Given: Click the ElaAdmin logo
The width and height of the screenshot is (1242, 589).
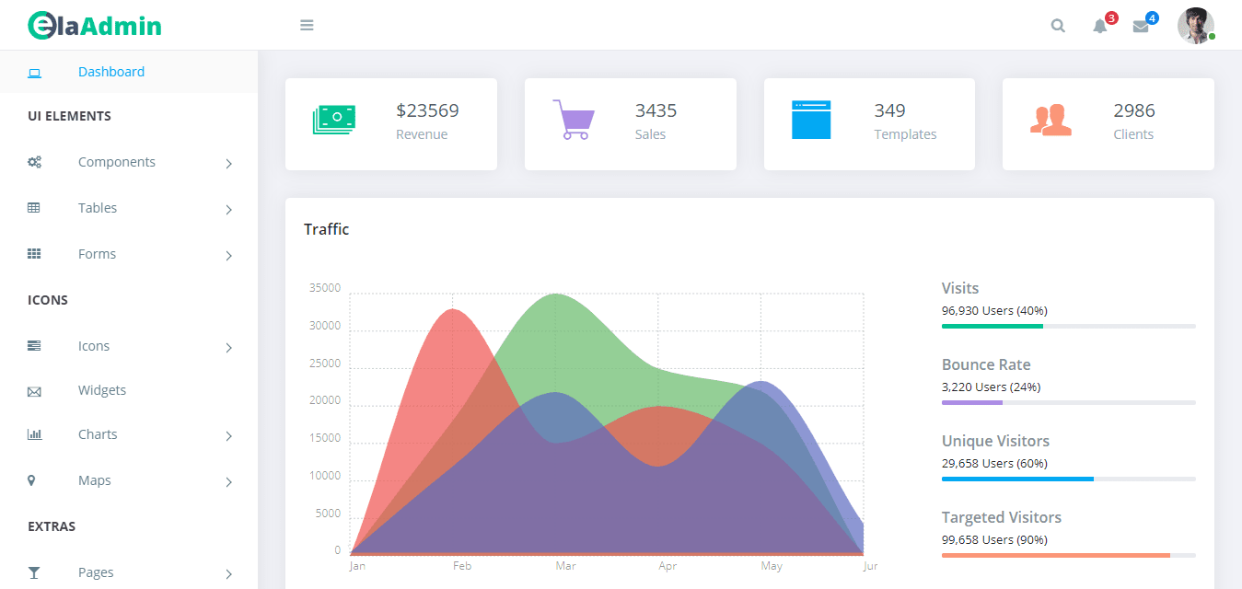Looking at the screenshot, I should click(x=94, y=26).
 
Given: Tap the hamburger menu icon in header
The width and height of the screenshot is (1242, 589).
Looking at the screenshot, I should click(x=307, y=25).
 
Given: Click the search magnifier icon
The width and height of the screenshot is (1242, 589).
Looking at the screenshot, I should click(x=1058, y=26).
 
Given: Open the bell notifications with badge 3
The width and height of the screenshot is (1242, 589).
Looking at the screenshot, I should click(x=1100, y=26).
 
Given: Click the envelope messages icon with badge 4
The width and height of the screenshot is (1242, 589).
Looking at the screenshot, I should click(x=1141, y=26).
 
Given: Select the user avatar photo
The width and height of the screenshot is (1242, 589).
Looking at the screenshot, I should click(x=1195, y=25).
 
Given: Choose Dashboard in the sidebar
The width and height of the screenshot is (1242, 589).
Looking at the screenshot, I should click(x=111, y=72).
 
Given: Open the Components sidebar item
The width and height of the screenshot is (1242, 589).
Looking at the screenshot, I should click(x=117, y=162).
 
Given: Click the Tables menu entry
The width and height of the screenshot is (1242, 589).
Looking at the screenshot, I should click(x=98, y=208).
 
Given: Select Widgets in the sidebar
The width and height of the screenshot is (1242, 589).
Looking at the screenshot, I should click(x=102, y=390).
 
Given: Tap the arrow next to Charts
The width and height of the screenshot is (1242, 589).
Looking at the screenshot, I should click(x=228, y=435).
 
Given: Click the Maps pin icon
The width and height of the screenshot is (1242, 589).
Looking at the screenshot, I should click(x=32, y=480).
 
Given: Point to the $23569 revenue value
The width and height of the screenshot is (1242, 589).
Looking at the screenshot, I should click(x=427, y=110).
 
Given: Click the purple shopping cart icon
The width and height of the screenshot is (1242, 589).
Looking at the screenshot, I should click(x=574, y=120).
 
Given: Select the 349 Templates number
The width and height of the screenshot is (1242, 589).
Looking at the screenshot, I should click(x=889, y=110).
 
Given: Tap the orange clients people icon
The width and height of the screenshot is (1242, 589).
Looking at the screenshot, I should click(x=1050, y=120).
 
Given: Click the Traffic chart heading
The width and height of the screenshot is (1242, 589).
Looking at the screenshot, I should click(x=327, y=229).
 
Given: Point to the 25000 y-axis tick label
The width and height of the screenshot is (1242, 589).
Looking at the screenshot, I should click(x=325, y=364).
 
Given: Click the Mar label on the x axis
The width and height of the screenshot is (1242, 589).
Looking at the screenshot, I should click(x=565, y=566).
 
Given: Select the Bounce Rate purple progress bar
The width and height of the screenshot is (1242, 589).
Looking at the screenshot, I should click(x=972, y=402).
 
